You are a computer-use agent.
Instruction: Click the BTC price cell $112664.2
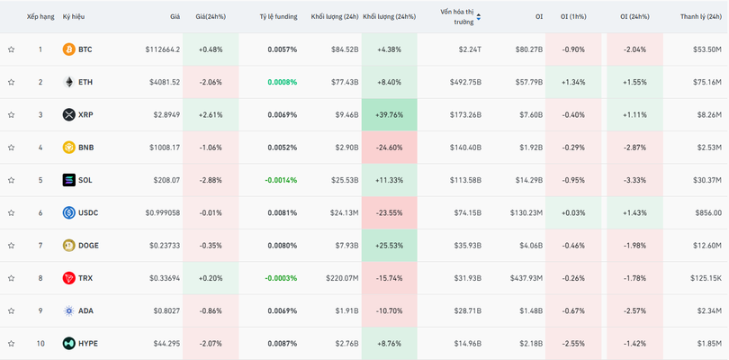point(162,49)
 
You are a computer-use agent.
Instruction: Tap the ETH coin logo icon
point(68,82)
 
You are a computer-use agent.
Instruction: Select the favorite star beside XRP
point(12,115)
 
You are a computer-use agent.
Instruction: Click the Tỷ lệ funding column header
point(277,16)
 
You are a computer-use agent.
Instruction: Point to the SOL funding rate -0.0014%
point(280,180)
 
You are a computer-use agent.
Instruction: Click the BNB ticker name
point(85,148)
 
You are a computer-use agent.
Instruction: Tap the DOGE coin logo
point(68,246)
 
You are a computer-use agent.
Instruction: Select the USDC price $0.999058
point(162,213)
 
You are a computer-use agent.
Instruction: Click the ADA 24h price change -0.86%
point(211,310)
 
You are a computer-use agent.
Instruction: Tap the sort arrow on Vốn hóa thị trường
point(478,17)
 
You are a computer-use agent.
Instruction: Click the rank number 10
point(40,344)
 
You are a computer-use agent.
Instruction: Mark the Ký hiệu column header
point(74,16)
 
